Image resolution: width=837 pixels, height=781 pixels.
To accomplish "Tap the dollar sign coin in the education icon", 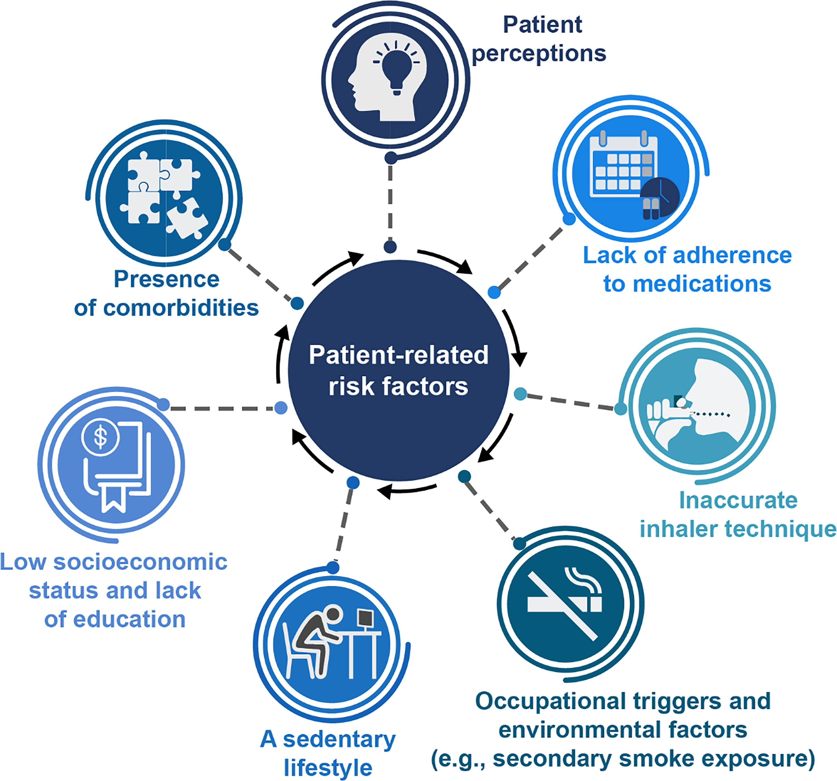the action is [101, 438].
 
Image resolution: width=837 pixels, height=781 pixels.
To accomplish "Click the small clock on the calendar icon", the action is [660, 197].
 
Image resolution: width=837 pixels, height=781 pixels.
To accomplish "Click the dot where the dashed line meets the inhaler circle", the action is [620, 408].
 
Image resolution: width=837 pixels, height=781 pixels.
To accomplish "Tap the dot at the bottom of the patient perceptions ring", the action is [391, 158].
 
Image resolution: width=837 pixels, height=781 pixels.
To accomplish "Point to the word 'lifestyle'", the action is [328, 768].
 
